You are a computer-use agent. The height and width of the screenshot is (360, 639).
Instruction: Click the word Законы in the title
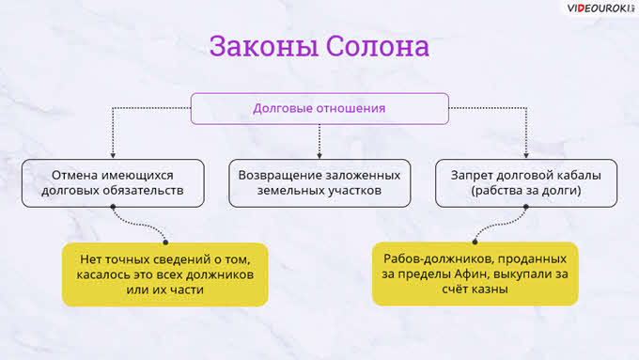[x=264, y=46]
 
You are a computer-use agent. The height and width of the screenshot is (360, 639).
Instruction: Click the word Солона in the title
[x=378, y=46]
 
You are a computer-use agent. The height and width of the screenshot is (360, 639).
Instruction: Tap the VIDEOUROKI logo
[x=600, y=8]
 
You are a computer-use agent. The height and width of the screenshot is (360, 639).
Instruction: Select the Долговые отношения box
[x=319, y=108]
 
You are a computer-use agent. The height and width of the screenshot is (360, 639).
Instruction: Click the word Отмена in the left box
[x=76, y=176]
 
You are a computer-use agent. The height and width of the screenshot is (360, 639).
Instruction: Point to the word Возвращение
[x=285, y=176]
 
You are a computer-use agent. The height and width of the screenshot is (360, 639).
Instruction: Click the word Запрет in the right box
[x=473, y=176]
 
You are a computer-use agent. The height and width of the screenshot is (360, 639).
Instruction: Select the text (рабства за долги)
[x=525, y=191]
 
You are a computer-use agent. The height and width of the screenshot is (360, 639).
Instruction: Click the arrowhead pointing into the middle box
[x=319, y=155]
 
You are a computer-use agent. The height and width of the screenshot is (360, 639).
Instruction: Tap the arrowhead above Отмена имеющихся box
[x=113, y=155]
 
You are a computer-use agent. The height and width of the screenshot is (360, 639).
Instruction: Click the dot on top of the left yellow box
[x=165, y=243]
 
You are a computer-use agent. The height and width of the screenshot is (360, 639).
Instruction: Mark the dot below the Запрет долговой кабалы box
[x=526, y=207]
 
